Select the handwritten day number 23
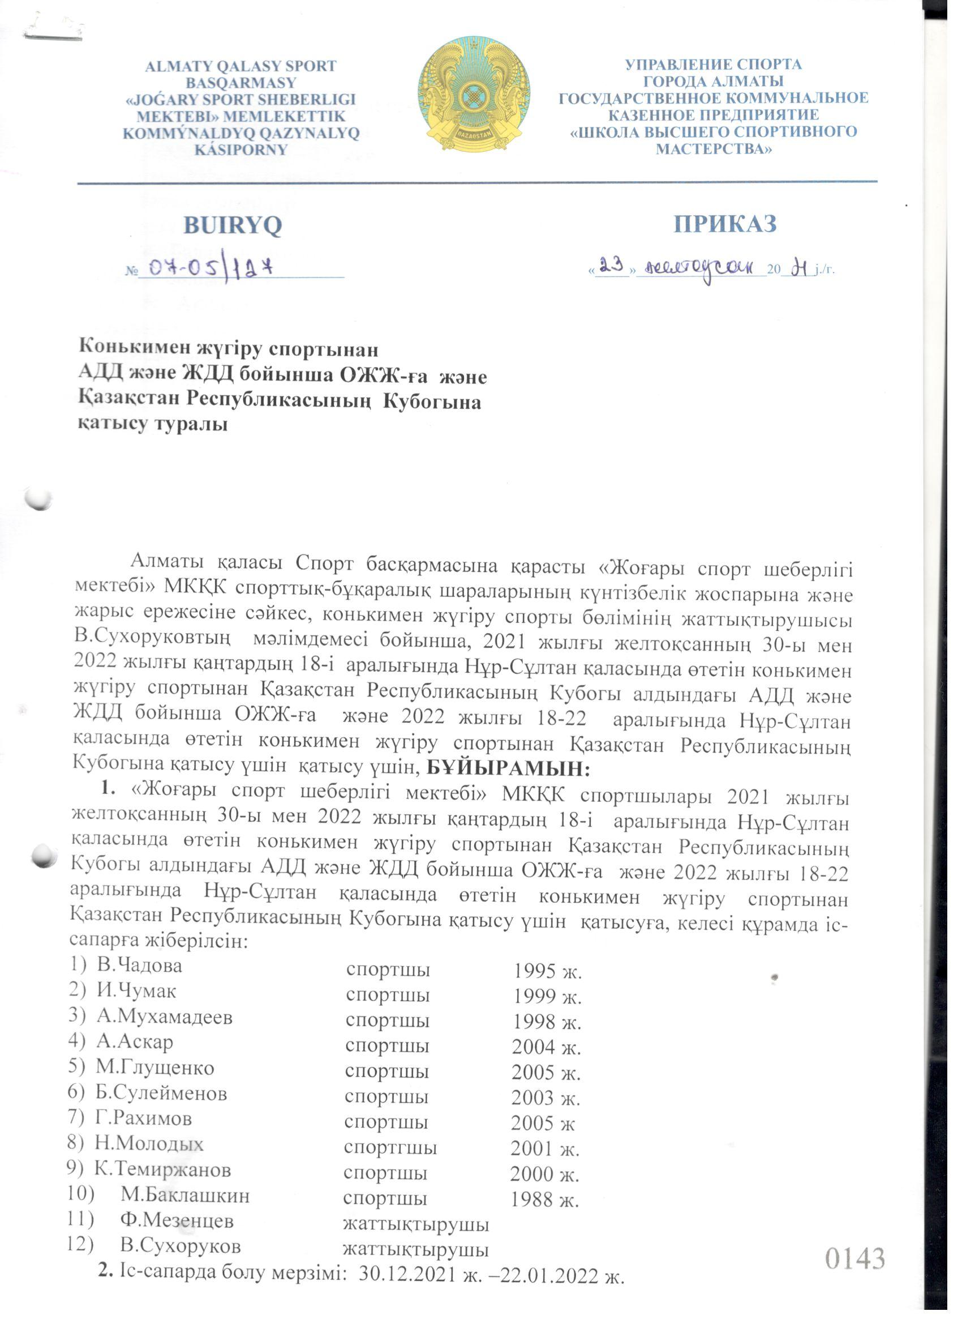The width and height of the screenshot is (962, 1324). pos(612,266)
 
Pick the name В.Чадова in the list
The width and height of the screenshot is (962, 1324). pos(139,966)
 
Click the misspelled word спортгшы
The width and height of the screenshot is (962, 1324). pos(390,1148)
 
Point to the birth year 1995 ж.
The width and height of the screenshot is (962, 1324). pos(548,970)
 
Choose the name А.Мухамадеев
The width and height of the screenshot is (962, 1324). pos(165,1017)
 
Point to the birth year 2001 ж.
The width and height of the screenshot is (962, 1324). pos(544,1149)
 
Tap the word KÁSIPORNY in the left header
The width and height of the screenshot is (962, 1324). pos(241,150)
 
